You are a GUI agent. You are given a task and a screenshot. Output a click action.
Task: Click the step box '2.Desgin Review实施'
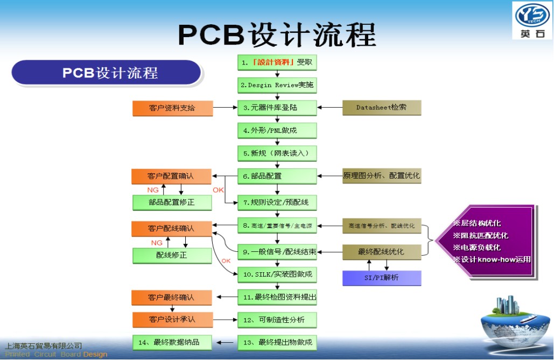pyautogui.click(x=277, y=85)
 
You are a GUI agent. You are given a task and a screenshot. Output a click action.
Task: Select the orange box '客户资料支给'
pyautogui.click(x=172, y=108)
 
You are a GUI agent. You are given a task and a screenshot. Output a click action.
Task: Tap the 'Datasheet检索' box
pyautogui.click(x=382, y=108)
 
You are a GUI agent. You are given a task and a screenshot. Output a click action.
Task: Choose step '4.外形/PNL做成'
pyautogui.click(x=277, y=130)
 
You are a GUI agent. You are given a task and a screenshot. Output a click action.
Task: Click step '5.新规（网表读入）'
pyautogui.click(x=277, y=153)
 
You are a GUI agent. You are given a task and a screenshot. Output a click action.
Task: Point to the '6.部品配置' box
pyautogui.click(x=277, y=176)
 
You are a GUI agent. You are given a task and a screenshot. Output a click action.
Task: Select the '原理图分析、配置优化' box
pyautogui.click(x=382, y=176)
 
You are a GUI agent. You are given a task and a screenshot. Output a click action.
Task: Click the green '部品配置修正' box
pyautogui.click(x=172, y=202)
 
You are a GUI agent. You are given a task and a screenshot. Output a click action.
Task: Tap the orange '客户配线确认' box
pyautogui.click(x=172, y=228)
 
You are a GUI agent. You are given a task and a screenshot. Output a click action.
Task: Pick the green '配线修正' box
pyautogui.click(x=172, y=255)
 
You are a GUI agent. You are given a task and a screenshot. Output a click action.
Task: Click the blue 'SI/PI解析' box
pyautogui.click(x=382, y=278)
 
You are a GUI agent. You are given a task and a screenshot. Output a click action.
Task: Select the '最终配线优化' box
pyautogui.click(x=382, y=252)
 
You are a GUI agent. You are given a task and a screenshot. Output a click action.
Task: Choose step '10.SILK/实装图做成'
pyautogui.click(x=277, y=274)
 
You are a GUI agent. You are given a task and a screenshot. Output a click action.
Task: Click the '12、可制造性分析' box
pyautogui.click(x=277, y=320)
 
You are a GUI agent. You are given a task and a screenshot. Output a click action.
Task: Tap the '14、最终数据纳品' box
pyautogui.click(x=172, y=342)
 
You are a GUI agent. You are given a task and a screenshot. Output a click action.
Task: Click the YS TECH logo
pyautogui.click(x=532, y=20)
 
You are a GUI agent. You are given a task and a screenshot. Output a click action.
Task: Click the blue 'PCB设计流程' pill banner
pyautogui.click(x=107, y=73)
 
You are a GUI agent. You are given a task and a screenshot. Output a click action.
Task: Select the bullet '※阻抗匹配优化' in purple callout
pyautogui.click(x=481, y=235)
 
